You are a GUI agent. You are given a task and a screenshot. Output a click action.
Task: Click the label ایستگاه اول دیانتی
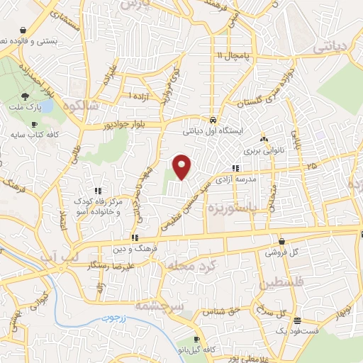coord(213,131)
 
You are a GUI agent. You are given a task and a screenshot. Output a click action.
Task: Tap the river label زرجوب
coord(111,318)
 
